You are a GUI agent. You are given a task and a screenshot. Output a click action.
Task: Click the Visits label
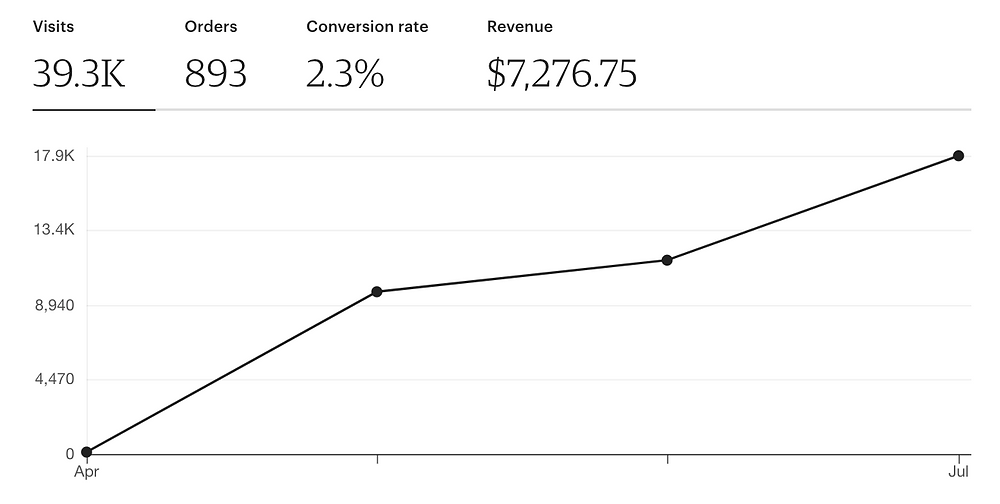click(x=53, y=27)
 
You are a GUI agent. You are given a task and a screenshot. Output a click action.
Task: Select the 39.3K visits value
click(x=79, y=74)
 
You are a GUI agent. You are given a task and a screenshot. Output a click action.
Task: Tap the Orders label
click(x=211, y=27)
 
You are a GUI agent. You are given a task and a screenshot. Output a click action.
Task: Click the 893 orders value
click(x=216, y=74)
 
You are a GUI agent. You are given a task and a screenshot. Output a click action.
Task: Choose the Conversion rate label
click(x=367, y=27)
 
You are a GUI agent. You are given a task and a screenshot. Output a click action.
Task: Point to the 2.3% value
click(x=345, y=74)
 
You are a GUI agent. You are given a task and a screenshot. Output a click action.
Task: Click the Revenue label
click(x=520, y=27)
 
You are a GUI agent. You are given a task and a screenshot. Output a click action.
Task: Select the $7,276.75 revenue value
click(x=562, y=74)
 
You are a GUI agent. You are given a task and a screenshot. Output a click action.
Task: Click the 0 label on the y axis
click(x=70, y=453)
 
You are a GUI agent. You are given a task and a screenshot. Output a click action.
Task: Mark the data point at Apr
click(x=87, y=452)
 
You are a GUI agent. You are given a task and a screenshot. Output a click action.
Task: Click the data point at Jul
click(x=958, y=156)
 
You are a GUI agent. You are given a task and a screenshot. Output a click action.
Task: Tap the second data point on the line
click(x=377, y=292)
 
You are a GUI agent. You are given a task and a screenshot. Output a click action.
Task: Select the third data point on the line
click(x=667, y=260)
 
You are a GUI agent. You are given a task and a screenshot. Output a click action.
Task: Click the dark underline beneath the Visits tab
click(x=94, y=108)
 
